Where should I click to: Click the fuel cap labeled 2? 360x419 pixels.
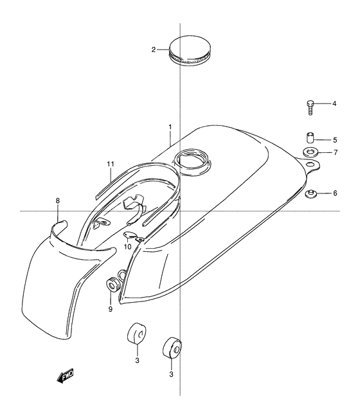point(190,51)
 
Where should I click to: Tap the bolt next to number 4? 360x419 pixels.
point(310,107)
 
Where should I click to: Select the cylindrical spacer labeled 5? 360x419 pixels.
point(310,138)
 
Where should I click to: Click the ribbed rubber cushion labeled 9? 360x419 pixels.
point(113,285)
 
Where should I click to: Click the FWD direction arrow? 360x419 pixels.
point(65,377)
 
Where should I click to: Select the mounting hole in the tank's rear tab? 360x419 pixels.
point(310,164)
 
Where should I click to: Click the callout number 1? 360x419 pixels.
point(170,127)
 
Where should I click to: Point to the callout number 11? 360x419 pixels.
point(111,164)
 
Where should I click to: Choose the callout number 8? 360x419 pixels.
point(58,201)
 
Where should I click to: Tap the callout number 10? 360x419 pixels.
point(127,247)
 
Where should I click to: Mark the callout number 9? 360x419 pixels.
point(111,309)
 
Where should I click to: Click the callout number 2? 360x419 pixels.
point(154,49)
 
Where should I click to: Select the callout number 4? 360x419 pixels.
point(334,103)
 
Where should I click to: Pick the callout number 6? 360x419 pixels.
point(335,193)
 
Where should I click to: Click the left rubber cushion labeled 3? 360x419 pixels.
point(136,333)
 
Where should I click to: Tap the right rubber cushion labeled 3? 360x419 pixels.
point(172,348)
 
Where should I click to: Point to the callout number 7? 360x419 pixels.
point(336,152)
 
